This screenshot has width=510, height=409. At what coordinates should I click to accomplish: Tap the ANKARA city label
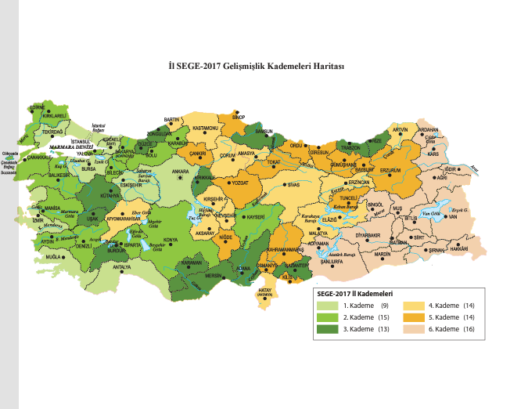pos(181,170)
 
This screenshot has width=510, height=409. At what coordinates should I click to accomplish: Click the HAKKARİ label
pos(459,248)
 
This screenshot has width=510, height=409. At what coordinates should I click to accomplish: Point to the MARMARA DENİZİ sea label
pos(70,147)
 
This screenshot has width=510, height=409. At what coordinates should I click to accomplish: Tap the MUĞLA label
pos(53,257)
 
